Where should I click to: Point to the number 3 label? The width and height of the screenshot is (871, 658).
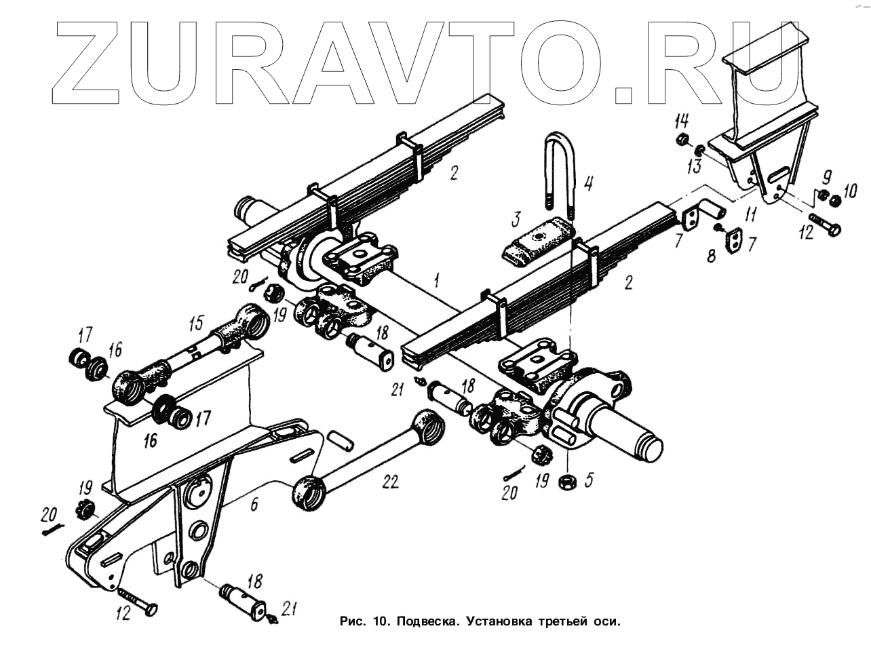tap(517, 219)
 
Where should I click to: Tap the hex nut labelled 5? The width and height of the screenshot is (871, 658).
tap(567, 482)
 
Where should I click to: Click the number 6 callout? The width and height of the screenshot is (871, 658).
tap(254, 504)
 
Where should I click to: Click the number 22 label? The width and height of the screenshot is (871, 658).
tap(389, 482)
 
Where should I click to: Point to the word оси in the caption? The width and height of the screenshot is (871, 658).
tap(608, 621)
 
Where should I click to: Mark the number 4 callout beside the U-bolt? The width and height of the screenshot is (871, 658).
tap(587, 182)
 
